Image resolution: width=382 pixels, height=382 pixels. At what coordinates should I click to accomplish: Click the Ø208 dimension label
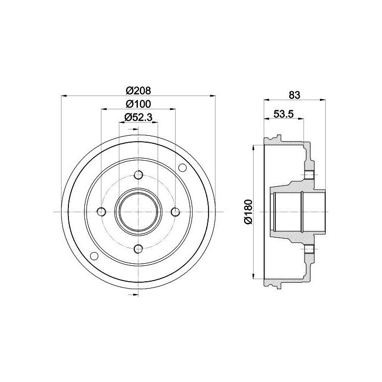tap(138, 91)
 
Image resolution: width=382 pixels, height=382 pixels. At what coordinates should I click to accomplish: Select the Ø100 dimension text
tap(138, 104)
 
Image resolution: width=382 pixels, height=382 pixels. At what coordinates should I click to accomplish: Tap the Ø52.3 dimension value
tap(138, 117)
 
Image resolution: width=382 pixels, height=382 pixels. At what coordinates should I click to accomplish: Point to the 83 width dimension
tap(294, 95)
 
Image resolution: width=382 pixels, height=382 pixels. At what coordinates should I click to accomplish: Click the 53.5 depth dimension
tap(283, 114)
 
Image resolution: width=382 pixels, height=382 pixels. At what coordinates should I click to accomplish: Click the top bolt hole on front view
tap(138, 175)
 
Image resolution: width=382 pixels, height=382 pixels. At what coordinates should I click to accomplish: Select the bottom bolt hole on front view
tap(138, 249)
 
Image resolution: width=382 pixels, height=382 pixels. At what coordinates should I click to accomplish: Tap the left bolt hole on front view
tap(101, 212)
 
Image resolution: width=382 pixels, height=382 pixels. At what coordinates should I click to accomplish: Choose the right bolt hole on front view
tap(176, 212)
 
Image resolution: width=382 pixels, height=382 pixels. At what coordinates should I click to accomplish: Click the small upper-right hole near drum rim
tap(183, 168)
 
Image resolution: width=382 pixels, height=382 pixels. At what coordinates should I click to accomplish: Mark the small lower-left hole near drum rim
tap(94, 256)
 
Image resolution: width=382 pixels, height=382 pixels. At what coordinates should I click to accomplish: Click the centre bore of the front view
tap(138, 212)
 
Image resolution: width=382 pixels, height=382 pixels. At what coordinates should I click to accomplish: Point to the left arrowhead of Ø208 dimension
tap(64, 95)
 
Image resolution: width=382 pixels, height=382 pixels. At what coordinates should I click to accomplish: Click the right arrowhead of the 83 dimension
tap(323, 99)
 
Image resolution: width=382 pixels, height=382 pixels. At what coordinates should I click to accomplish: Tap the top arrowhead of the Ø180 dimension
tap(254, 148)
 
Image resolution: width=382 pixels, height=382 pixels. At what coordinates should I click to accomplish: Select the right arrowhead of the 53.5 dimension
tap(301, 119)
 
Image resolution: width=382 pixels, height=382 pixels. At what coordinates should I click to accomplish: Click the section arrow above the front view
tap(133, 129)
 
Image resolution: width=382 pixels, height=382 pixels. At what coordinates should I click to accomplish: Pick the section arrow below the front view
tap(133, 295)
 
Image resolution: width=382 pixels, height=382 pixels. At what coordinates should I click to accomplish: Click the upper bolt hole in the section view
tap(309, 175)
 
